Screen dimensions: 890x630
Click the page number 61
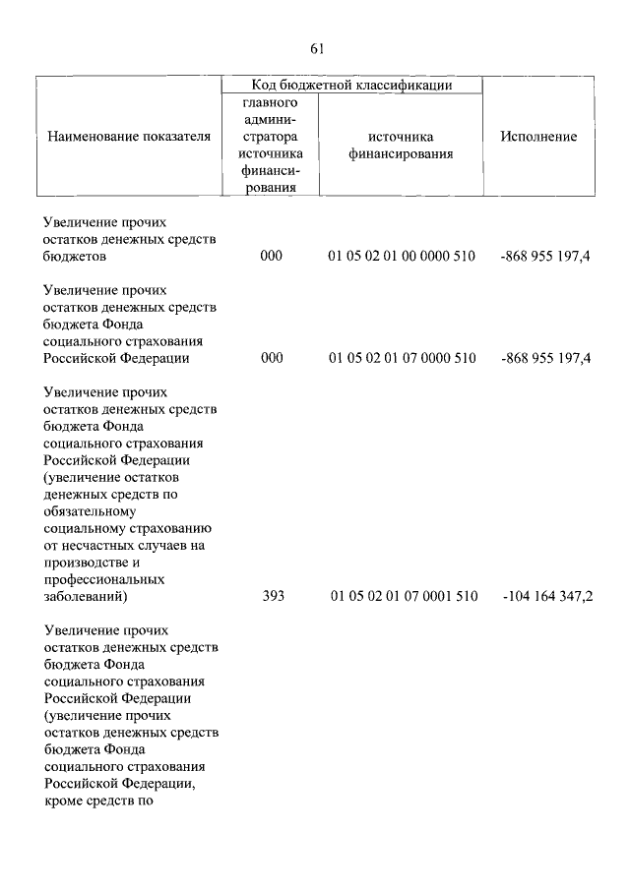(316, 48)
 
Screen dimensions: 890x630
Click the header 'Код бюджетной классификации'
(351, 86)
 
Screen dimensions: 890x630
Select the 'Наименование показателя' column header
(129, 137)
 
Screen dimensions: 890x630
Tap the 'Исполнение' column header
(538, 137)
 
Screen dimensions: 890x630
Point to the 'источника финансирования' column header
(403, 145)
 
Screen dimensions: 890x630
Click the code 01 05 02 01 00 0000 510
(403, 256)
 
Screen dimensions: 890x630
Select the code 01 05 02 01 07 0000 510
(403, 358)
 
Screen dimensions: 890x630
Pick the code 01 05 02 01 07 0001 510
(404, 596)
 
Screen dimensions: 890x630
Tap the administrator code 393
(273, 596)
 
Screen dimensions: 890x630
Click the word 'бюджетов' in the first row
(76, 257)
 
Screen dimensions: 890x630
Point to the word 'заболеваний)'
(86, 596)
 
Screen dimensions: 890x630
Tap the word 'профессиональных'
(103, 579)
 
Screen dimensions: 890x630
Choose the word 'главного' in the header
(270, 102)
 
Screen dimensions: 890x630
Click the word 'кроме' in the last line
(65, 801)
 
